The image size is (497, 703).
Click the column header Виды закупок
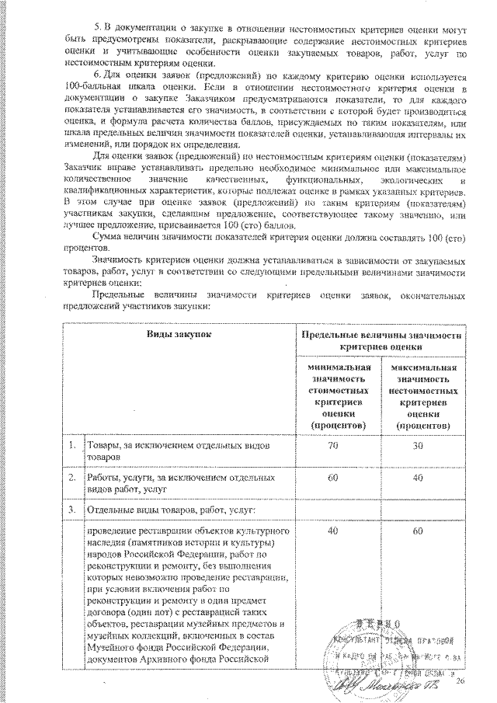point(179,333)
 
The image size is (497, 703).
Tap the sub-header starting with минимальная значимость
point(338,395)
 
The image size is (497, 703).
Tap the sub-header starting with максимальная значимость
point(422,395)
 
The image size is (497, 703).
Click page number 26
point(459,681)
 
